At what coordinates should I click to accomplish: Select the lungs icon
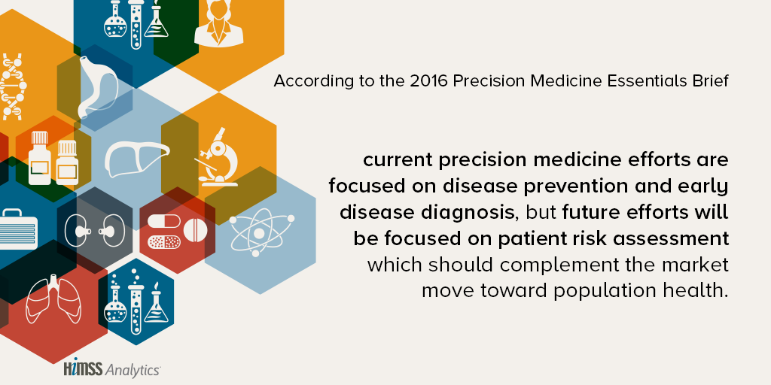tap(53, 299)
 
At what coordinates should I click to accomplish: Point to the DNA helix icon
tap(12, 87)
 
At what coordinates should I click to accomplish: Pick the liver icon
tap(137, 158)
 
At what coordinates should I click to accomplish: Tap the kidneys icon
tap(95, 231)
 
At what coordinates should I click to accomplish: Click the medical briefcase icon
tap(18, 229)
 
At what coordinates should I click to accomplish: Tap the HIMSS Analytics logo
tap(111, 369)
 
